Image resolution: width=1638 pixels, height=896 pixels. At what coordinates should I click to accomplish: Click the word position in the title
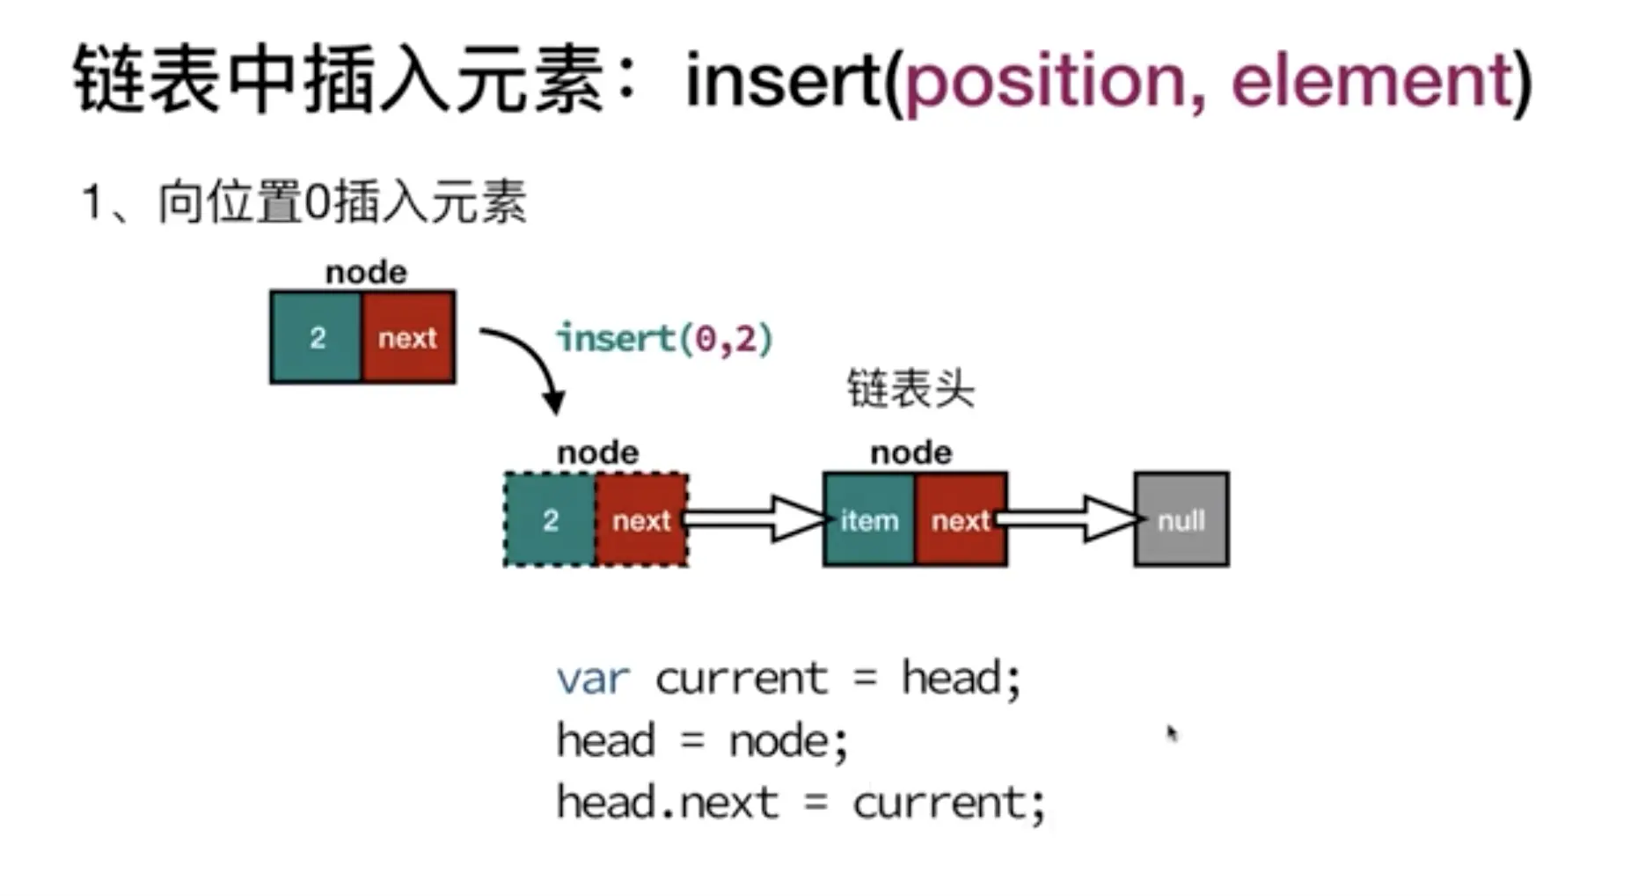tap(1045, 81)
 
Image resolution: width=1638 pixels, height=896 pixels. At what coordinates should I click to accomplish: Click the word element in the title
tap(1371, 81)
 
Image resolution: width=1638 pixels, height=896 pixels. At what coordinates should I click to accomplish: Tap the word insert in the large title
tap(783, 81)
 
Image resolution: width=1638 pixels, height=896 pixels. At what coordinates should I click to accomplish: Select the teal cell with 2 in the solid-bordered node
tap(317, 337)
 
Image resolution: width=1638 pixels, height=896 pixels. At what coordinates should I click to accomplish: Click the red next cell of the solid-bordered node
tap(408, 337)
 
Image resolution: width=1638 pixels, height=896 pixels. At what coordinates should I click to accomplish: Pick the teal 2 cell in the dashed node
tap(551, 520)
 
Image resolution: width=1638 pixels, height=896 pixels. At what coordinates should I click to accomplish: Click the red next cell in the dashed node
tap(641, 520)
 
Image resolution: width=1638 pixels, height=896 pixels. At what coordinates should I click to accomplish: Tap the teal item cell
tap(869, 520)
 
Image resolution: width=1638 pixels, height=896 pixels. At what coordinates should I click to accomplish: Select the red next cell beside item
tap(961, 520)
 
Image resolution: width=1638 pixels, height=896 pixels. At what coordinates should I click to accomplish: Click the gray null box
tap(1181, 520)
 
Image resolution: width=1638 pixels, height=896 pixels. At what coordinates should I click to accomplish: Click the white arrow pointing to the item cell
tap(757, 518)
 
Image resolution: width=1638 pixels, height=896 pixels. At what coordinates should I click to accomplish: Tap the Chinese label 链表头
tap(910, 389)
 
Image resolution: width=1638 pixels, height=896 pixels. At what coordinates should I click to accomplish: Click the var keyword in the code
tap(593, 679)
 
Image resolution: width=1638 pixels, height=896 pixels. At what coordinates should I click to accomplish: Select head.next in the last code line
tap(667, 802)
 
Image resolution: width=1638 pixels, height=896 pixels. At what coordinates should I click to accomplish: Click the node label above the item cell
tap(910, 452)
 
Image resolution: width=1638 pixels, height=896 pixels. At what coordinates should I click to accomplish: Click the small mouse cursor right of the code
tap(1172, 733)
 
